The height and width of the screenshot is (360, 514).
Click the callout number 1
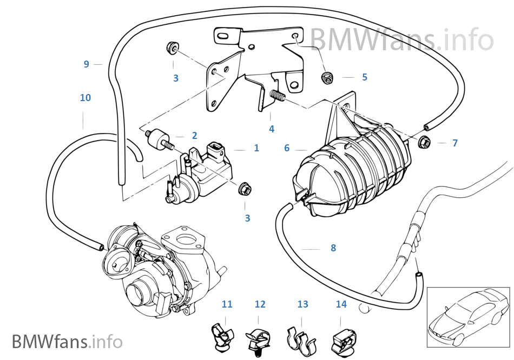pos(256,148)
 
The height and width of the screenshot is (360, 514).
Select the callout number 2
pos(194,136)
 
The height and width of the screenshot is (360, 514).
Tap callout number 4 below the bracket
pos(272,129)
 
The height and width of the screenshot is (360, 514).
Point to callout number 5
pos(365,77)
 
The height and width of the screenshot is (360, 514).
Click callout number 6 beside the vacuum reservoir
pos(287,148)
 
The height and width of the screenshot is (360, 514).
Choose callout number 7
pos(455,143)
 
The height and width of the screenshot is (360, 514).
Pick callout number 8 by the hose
pos(333,248)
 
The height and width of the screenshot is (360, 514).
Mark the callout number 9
pos(86,64)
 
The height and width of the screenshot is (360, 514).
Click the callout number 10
pos(85,98)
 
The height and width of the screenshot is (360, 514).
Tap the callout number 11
pos(227,304)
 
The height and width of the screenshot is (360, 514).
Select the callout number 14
pos(341,304)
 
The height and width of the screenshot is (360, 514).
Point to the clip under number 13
pos(301,337)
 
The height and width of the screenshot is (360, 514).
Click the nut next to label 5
pos(327,78)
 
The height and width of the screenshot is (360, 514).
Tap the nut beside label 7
pos(425,143)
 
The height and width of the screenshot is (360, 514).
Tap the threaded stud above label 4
pos(278,98)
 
